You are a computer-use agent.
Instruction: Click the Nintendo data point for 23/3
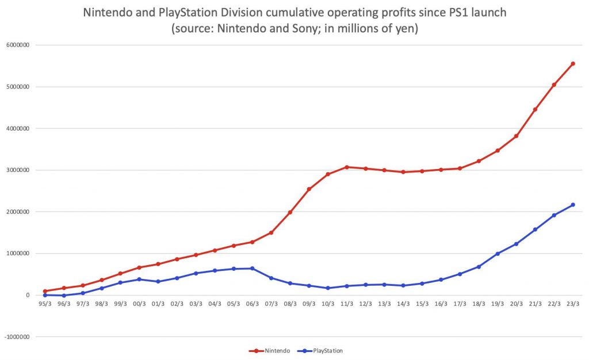pyautogui.click(x=573, y=64)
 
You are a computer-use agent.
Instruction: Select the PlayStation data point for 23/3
pyautogui.click(x=573, y=205)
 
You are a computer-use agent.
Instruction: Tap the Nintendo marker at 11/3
pyautogui.click(x=347, y=167)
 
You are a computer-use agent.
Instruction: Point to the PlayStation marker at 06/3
pyautogui.click(x=253, y=268)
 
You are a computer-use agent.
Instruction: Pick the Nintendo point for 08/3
pyautogui.click(x=290, y=212)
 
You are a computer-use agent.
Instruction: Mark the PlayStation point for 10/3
pyautogui.click(x=328, y=288)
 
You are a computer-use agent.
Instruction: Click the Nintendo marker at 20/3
pyautogui.click(x=517, y=136)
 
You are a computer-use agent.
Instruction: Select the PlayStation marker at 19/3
pyautogui.click(x=498, y=254)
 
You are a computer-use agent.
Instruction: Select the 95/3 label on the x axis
pyautogui.click(x=45, y=304)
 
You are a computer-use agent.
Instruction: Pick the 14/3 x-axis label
pyautogui.click(x=403, y=304)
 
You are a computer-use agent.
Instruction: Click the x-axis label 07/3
pyautogui.click(x=271, y=304)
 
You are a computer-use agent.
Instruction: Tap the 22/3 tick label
pyautogui.click(x=554, y=304)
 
